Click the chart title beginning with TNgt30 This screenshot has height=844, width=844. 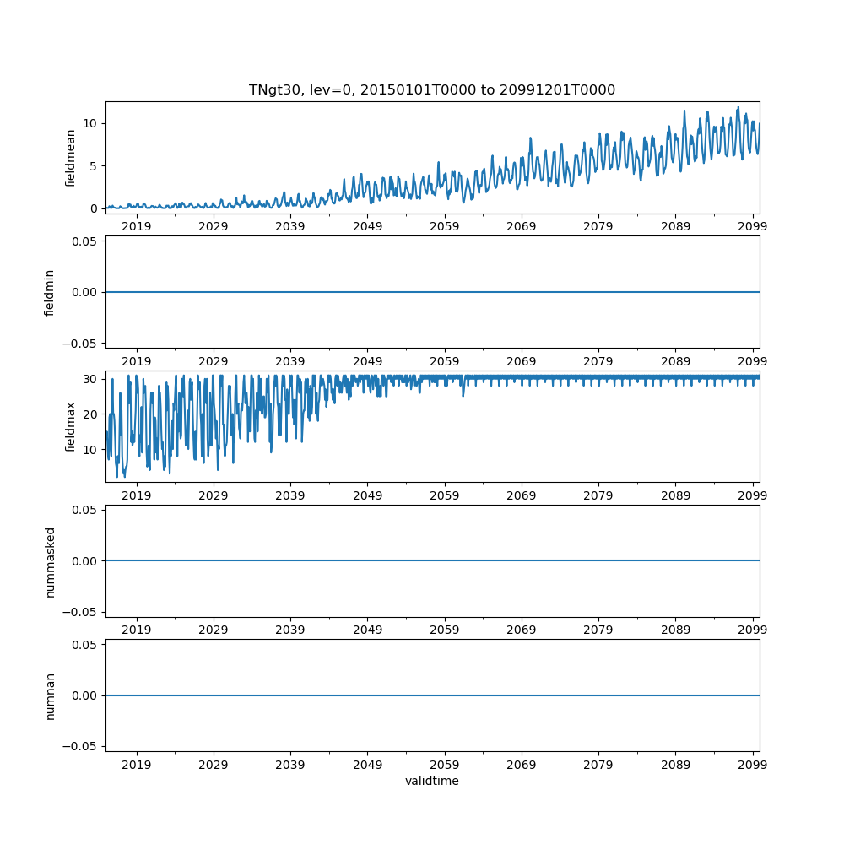[431, 89]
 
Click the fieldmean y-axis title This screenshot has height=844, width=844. [71, 158]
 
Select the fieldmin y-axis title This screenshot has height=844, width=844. [50, 292]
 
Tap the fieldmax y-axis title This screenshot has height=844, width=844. [71, 426]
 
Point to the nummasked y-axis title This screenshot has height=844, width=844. [50, 561]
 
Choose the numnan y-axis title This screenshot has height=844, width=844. [50, 695]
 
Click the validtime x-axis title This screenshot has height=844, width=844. [431, 781]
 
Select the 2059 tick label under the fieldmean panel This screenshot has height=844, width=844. [444, 226]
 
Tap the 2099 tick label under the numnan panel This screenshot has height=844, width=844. [752, 764]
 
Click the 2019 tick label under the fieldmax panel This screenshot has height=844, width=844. [137, 495]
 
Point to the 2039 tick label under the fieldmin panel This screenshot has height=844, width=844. [290, 360]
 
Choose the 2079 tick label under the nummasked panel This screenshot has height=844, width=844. [598, 630]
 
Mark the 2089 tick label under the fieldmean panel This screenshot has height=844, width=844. [675, 226]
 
